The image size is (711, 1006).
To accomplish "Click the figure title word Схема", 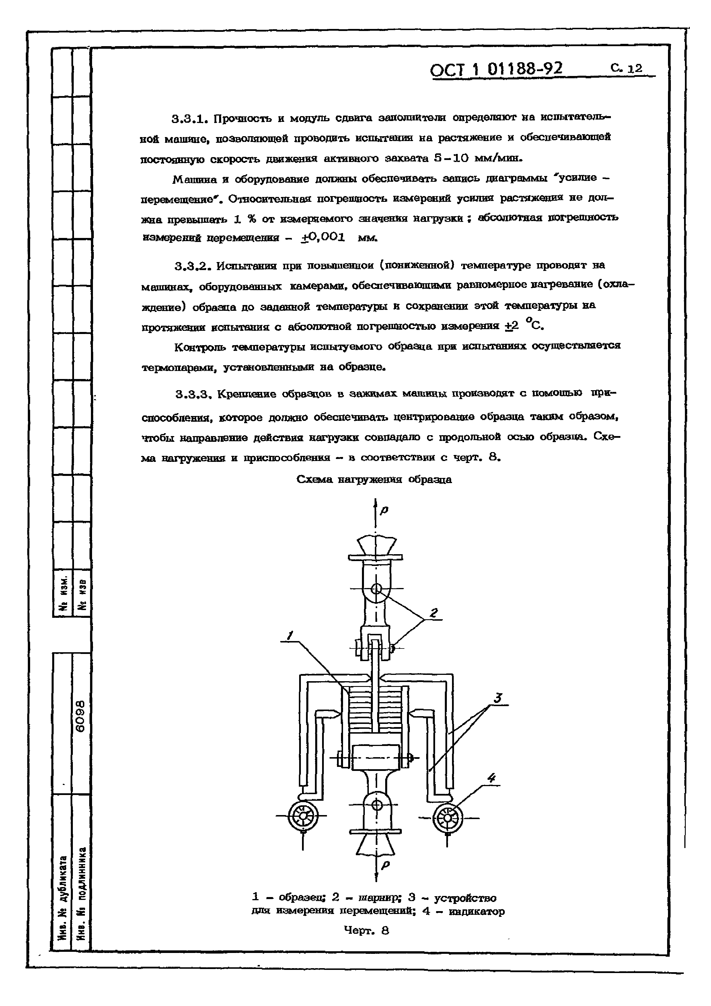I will tap(315, 479).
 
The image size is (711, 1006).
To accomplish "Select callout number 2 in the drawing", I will tap(434, 613).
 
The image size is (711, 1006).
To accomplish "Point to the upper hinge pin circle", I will tap(376, 589).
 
